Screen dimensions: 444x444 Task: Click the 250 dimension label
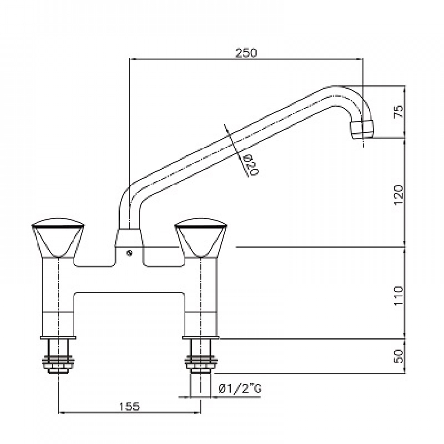pyautogui.click(x=246, y=53)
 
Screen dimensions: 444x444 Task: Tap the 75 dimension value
pyautogui.click(x=398, y=111)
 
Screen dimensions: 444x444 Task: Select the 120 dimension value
pyautogui.click(x=398, y=195)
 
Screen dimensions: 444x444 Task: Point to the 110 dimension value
pyautogui.click(x=398, y=296)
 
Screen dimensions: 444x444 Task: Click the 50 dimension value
pyautogui.click(x=398, y=356)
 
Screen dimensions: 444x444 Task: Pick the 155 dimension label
pyautogui.click(x=129, y=407)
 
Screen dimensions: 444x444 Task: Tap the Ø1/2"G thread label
pyautogui.click(x=240, y=389)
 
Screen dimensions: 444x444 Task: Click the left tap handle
pyautogui.click(x=58, y=237)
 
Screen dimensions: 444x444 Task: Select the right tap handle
pyautogui.click(x=201, y=237)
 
